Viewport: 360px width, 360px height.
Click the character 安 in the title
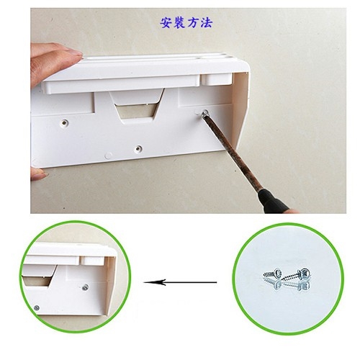166,23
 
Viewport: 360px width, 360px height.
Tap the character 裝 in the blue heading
179,23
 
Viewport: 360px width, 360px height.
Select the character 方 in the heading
193,23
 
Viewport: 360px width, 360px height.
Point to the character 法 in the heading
207,23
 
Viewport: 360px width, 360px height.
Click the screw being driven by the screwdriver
205,113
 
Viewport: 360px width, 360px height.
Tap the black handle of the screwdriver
275,202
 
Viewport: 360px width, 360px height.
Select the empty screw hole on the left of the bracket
64,123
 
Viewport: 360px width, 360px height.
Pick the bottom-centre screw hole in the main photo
138,149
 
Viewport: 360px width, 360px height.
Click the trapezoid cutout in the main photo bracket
138,110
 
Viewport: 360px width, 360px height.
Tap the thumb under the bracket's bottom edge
38,174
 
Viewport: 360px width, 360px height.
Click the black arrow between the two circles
180,282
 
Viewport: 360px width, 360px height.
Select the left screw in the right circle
273,274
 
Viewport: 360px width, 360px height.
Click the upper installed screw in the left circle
85,287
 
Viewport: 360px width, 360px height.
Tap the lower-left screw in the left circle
37,308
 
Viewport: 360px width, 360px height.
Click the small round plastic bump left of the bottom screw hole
108,156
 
